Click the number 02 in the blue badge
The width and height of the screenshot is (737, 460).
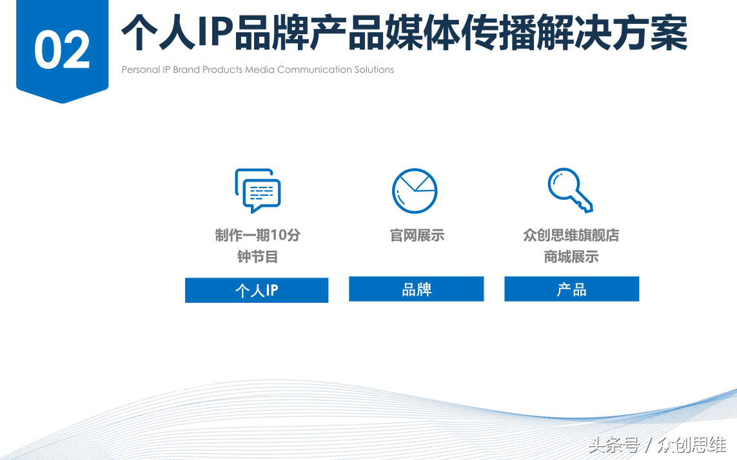click(x=62, y=50)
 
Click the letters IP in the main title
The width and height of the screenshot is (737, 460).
click(x=215, y=32)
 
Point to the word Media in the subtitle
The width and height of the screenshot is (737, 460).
click(x=259, y=70)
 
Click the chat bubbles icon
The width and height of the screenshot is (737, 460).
click(x=257, y=190)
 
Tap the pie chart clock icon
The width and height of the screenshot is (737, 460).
click(x=415, y=191)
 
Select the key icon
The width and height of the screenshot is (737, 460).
click(x=570, y=190)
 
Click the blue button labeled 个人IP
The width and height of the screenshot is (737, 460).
click(x=257, y=290)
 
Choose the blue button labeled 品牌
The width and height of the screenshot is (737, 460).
click(x=416, y=289)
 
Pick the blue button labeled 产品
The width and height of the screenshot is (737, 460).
click(x=571, y=289)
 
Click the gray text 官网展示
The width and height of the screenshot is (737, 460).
click(x=417, y=235)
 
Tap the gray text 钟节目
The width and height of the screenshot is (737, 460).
click(x=257, y=257)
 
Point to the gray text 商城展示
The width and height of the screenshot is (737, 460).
click(x=571, y=257)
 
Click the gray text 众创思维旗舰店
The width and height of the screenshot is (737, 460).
click(x=571, y=235)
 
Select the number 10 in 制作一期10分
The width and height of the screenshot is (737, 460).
click(x=278, y=235)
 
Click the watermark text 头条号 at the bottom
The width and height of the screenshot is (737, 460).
click(x=614, y=444)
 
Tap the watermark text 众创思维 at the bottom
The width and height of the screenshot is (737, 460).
click(x=692, y=444)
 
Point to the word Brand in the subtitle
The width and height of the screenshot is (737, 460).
click(x=186, y=70)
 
